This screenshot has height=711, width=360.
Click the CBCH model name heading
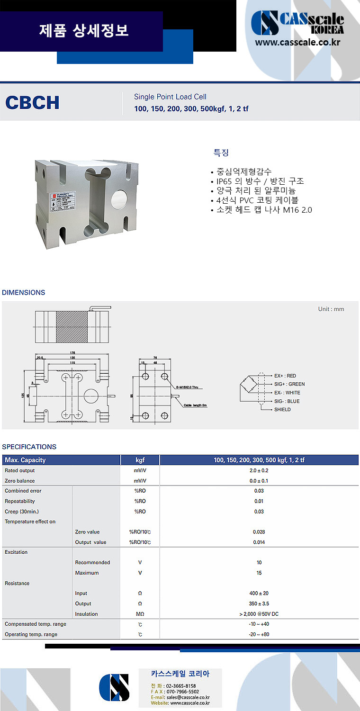pyautogui.click(x=32, y=102)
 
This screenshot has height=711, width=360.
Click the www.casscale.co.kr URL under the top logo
pyautogui.click(x=298, y=42)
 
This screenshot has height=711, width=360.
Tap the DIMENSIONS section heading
pyautogui.click(x=24, y=292)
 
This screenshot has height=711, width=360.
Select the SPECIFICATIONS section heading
pyautogui.click(x=29, y=447)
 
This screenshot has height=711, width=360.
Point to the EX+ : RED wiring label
pyautogui.click(x=285, y=376)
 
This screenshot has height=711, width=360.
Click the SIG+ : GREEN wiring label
pyautogui.click(x=289, y=384)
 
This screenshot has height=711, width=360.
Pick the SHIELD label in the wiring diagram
pyautogui.click(x=282, y=409)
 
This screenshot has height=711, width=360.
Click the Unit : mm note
pyautogui.click(x=331, y=309)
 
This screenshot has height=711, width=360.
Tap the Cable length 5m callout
pyautogui.click(x=195, y=405)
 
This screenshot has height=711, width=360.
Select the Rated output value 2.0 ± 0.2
pyautogui.click(x=259, y=470)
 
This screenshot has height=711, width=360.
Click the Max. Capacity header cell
pyautogui.click(x=26, y=460)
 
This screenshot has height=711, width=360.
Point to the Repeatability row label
pyautogui.click(x=20, y=501)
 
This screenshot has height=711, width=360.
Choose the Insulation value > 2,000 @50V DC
pyautogui.click(x=259, y=614)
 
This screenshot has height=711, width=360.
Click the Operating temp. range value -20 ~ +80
pyautogui.click(x=259, y=634)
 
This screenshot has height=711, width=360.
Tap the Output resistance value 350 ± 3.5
pyautogui.click(x=259, y=603)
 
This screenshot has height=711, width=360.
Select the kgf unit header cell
pyautogui.click(x=140, y=460)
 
